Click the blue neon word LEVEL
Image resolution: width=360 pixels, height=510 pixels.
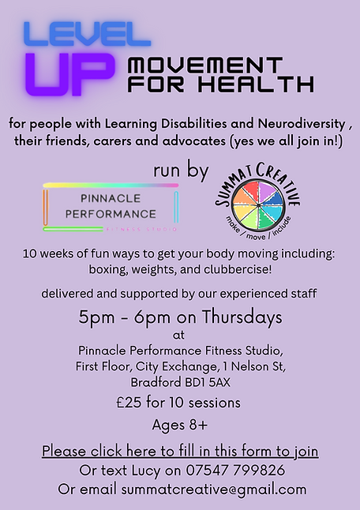pos(88,33)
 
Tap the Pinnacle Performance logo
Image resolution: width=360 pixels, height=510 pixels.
pos(111,208)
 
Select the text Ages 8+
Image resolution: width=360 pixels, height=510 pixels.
pos(179,426)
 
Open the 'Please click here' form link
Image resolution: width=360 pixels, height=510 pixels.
pos(180,452)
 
